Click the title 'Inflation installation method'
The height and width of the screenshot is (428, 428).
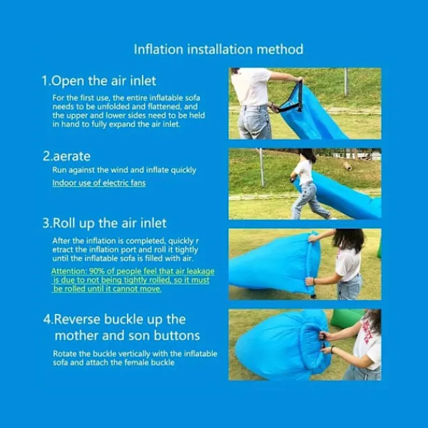pos(218,49)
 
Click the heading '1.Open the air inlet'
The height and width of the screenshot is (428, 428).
pos(99,81)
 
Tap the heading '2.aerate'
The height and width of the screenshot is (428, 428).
pos(66,156)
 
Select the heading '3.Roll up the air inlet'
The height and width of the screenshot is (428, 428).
pos(104,223)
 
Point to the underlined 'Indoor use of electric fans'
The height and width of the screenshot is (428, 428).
pos(99,183)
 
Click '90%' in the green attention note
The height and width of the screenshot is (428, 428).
pos(96,271)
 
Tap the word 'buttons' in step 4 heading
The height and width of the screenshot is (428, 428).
pos(177,335)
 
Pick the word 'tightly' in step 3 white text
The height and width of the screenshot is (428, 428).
pos(187,250)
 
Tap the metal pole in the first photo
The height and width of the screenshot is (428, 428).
pos(346,81)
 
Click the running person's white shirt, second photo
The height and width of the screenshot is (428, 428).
pos(305,172)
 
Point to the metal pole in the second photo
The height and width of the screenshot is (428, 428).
pos(262,167)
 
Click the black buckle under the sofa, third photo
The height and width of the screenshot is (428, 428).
pos(313,296)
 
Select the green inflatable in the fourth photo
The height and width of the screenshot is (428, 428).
pos(346,317)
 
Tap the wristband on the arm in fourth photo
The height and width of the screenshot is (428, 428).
pos(332,349)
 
